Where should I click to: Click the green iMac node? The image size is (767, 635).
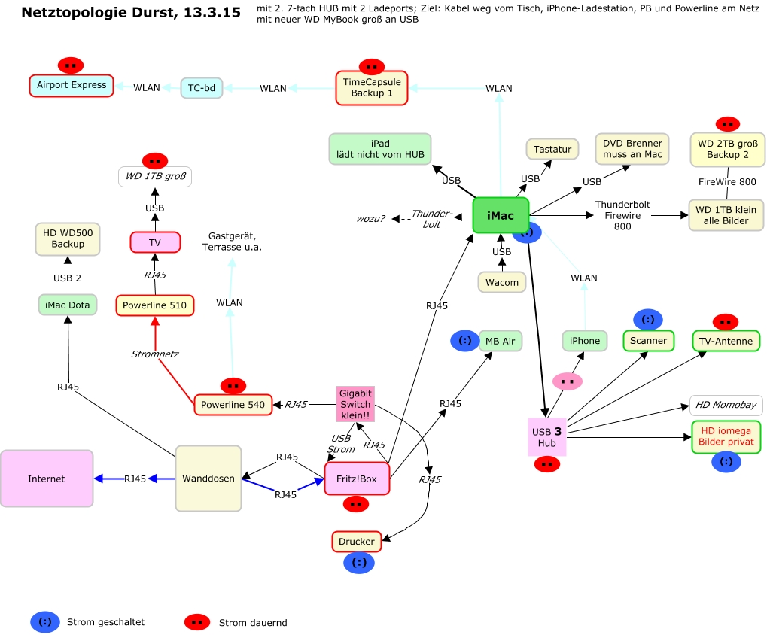(501, 216)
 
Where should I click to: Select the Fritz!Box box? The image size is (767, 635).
(357, 479)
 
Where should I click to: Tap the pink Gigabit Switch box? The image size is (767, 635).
(355, 405)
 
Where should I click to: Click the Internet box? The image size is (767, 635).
(47, 479)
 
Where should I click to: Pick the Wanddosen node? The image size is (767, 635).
(208, 479)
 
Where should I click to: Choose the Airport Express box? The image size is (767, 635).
(72, 85)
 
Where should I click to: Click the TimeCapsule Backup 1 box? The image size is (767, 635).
(372, 87)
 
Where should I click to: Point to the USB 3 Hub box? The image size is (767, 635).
(546, 437)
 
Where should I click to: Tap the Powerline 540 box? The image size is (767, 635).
(233, 405)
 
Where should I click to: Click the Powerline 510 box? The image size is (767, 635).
(155, 305)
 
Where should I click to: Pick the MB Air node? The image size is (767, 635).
(500, 341)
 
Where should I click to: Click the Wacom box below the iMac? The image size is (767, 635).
(502, 283)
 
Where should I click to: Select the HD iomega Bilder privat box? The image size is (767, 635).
(726, 436)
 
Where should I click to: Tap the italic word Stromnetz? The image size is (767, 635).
(155, 354)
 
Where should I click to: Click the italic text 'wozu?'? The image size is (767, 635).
(371, 219)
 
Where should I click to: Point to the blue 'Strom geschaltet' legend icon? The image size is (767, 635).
(45, 622)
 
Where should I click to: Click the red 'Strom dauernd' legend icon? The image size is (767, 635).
(197, 622)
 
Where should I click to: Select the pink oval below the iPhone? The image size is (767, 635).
(567, 381)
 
